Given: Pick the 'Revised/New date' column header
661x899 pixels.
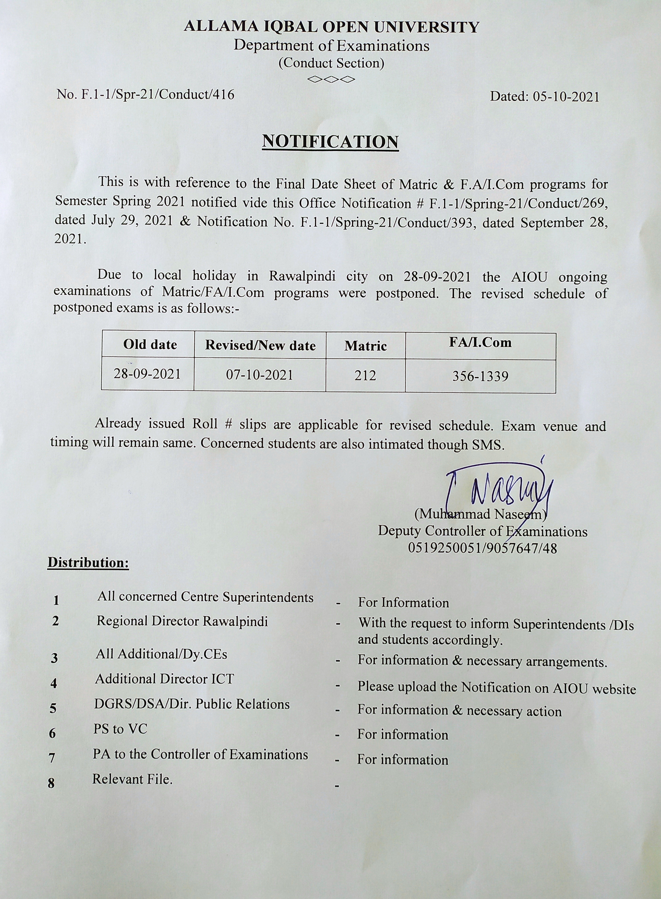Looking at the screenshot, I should tap(260, 346).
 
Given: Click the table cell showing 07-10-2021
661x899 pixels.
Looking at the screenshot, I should tap(260, 375).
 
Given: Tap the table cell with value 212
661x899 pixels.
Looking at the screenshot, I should tap(365, 376).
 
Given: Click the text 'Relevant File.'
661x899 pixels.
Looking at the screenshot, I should tap(132, 779).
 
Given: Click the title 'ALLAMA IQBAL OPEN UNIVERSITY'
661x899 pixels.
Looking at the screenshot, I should tap(331, 27).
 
